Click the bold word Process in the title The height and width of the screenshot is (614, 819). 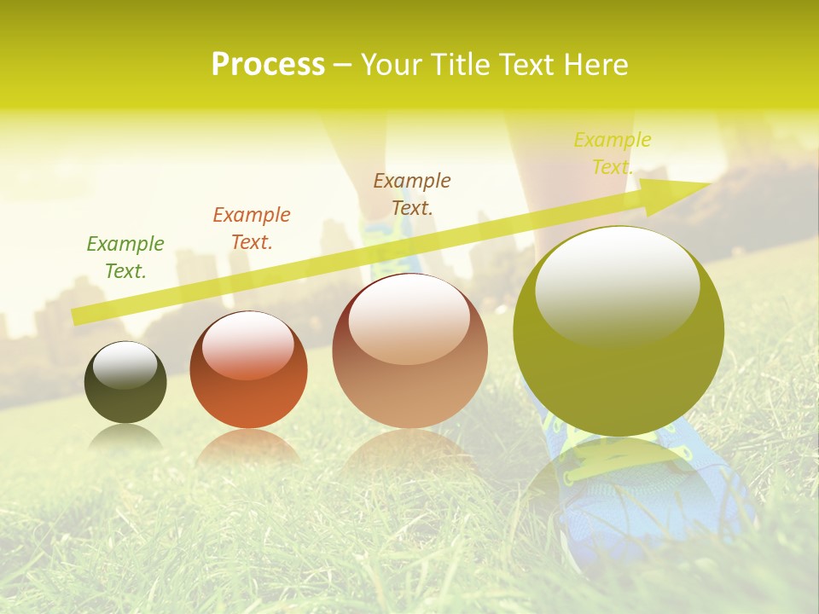(x=268, y=65)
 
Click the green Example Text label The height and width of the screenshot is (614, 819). (x=125, y=258)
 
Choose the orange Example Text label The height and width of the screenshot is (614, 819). (x=252, y=229)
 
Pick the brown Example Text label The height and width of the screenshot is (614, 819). (x=412, y=194)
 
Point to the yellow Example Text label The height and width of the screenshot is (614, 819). (x=613, y=153)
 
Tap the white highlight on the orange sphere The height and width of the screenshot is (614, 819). (x=247, y=344)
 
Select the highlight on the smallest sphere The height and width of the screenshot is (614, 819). (x=125, y=364)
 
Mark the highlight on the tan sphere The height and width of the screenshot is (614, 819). (x=409, y=318)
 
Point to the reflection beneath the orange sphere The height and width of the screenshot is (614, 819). (x=248, y=447)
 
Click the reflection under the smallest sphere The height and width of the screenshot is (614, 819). (x=125, y=437)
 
